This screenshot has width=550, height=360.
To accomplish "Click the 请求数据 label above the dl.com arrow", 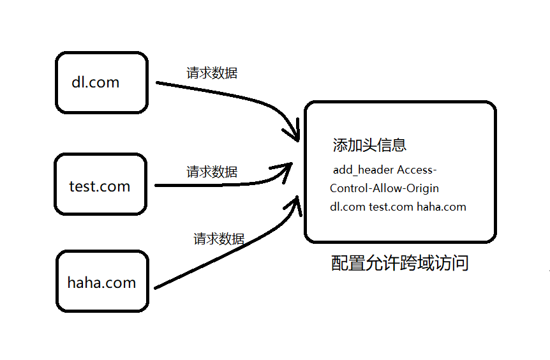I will pos(212,73).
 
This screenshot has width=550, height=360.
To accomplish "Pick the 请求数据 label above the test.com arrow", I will pos(212,172).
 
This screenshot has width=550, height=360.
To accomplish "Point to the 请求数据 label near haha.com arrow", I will pos(219,239).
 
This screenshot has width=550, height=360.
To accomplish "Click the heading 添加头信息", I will pos(369,145).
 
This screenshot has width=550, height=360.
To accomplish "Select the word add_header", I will pos(362,170).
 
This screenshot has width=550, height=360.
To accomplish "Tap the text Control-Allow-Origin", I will pos(384,188).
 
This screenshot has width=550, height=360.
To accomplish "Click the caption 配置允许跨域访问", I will pos(400,263).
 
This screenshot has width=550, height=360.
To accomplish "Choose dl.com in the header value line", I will pos(348,207).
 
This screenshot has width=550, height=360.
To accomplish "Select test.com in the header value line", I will pos(391,207).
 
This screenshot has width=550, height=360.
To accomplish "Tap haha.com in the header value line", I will pos(442,207).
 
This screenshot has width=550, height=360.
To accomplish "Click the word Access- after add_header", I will pos(417,170).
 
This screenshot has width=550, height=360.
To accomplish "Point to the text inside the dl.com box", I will pos(96,82).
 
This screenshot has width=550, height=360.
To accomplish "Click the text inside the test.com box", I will pos(100,186).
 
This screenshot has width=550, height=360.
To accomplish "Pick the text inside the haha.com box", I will pos(101,283).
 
